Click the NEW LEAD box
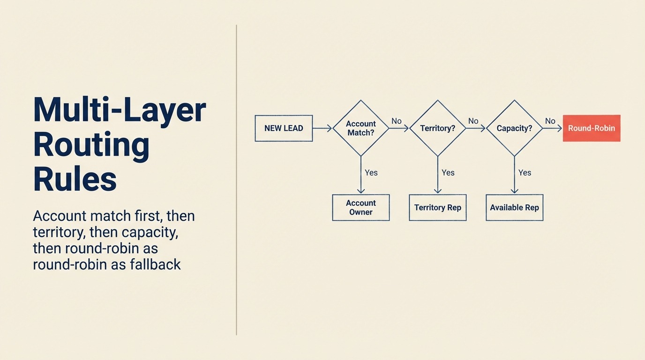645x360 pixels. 284,128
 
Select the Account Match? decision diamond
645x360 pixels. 361,128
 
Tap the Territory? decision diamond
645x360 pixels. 437,128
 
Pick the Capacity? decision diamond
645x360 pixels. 514,128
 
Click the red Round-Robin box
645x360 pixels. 591,128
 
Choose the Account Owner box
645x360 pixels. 361,207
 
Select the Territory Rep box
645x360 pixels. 437,207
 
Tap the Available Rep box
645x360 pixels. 514,207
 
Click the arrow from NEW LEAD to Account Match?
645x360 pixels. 322,128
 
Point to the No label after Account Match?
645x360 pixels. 397,121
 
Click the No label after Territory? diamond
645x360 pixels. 473,121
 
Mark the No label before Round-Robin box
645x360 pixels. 550,121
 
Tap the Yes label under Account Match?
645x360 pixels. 371,172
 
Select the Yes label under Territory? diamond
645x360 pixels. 448,172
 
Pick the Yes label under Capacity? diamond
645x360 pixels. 525,172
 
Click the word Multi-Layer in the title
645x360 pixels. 120,111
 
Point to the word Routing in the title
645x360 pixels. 91,145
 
